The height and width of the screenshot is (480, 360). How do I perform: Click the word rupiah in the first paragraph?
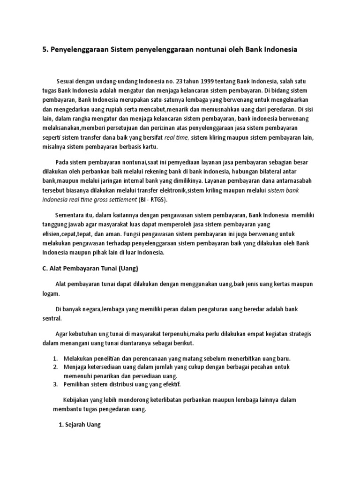tap(112, 109)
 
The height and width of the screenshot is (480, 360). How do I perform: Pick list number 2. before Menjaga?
tap(55, 367)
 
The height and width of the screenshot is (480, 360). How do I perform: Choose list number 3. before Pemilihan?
tap(55, 384)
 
